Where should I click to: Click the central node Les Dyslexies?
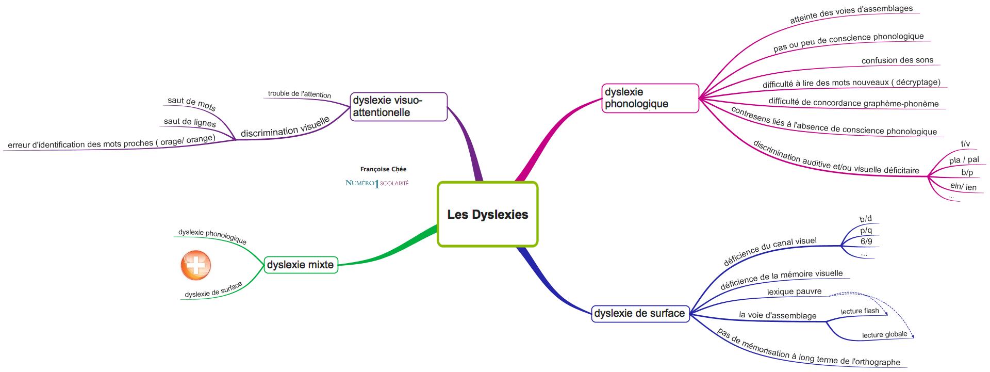click(487, 214)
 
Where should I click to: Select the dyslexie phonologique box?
click(650, 98)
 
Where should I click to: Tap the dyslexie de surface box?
click(639, 313)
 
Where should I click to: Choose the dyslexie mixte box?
click(301, 265)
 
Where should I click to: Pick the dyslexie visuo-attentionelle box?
click(398, 106)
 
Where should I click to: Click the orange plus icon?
click(196, 266)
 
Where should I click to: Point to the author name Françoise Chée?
click(383, 169)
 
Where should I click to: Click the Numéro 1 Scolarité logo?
click(377, 183)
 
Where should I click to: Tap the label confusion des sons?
click(897, 60)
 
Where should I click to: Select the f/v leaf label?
click(965, 144)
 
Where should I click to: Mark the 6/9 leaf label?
click(866, 241)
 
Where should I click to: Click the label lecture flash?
click(860, 311)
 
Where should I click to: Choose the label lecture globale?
click(884, 335)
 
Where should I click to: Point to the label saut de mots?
click(192, 103)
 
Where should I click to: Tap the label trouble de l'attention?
click(300, 94)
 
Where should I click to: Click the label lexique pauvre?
click(794, 292)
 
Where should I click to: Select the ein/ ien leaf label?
click(963, 187)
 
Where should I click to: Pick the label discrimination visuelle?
click(285, 127)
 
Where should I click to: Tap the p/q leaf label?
click(866, 231)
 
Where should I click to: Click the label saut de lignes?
click(190, 122)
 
